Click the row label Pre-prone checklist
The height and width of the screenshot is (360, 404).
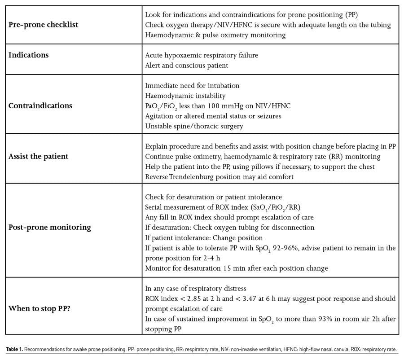[44, 25]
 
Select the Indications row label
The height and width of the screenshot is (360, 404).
[29, 55]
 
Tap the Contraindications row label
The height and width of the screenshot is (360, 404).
[40, 106]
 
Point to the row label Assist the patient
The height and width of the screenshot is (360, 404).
[39, 157]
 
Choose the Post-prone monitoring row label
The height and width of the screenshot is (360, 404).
[50, 227]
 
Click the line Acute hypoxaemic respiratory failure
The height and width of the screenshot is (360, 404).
[202, 55]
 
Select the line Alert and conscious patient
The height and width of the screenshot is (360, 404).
[187, 66]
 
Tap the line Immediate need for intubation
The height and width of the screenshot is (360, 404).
[192, 85]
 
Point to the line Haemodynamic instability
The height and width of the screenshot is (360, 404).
[185, 96]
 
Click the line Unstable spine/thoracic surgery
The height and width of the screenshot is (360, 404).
[194, 126]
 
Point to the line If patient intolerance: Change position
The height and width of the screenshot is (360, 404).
[204, 237]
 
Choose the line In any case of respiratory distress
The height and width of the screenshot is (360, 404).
[196, 288]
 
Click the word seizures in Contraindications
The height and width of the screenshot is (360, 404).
[268, 116]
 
